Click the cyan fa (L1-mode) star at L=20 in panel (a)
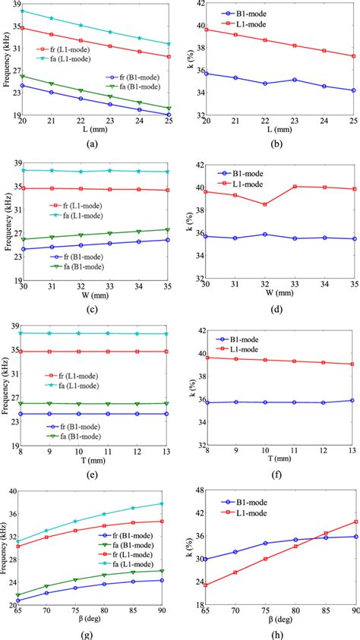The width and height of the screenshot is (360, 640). (x=22, y=11)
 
